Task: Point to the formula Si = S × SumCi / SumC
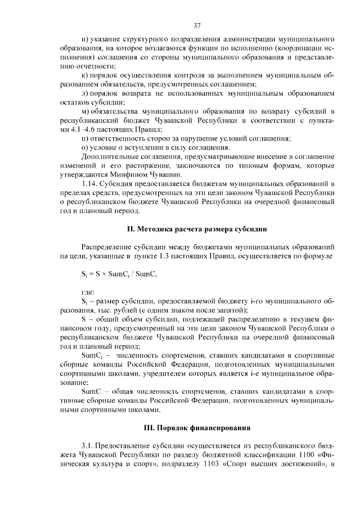118,274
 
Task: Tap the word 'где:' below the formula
88,291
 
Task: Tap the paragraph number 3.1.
89,447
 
